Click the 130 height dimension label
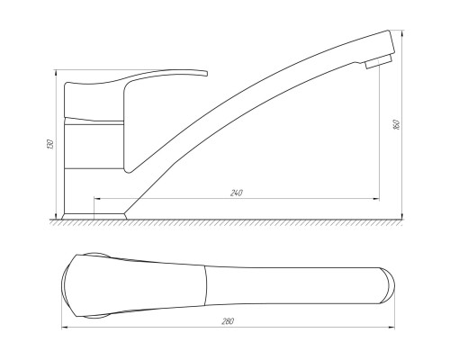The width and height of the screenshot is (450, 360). pos(51,144)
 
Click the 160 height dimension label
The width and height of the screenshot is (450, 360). pos(396,124)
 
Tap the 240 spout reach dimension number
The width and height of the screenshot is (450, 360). pos(237,193)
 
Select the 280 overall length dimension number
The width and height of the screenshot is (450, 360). pos(228,321)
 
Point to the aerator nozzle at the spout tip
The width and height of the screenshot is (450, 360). pos(379,61)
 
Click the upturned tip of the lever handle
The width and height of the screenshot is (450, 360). pos(204,73)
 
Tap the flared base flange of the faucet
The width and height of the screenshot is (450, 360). pos(94,216)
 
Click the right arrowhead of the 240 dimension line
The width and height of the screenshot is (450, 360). pos(376,199)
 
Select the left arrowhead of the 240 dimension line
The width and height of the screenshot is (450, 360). pos(97,199)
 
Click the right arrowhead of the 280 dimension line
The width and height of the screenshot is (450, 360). pos(391,327)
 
